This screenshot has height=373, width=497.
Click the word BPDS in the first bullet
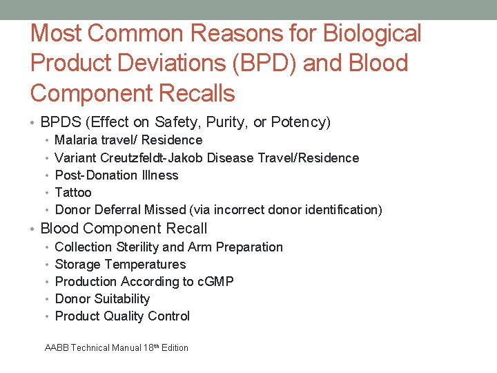coord(60,123)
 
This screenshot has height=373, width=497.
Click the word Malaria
coord(77,140)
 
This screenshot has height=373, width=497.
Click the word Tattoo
coord(73,192)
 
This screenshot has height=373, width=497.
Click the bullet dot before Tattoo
coord(46,193)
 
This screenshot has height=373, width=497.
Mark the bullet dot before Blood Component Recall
coord(34,229)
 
